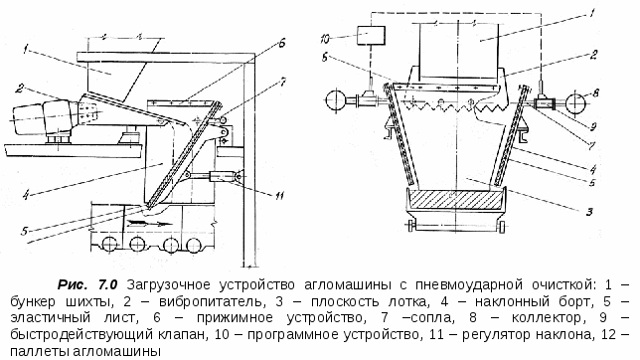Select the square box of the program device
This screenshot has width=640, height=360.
coord(372,36)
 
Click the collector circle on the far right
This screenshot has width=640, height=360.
coord(574,102)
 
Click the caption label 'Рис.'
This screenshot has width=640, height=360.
coord(74,283)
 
